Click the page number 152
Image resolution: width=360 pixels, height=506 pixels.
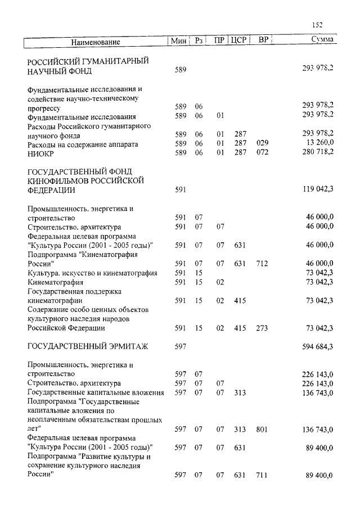pyautogui.click(x=317, y=24)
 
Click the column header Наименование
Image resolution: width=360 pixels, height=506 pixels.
pyautogui.click(x=96, y=42)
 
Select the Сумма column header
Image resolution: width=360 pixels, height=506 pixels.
pyautogui.click(x=322, y=40)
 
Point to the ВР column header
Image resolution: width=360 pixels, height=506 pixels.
pyautogui.click(x=263, y=40)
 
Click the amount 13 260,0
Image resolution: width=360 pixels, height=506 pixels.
pyautogui.click(x=319, y=144)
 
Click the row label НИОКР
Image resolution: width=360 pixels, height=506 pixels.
pyautogui.click(x=39, y=153)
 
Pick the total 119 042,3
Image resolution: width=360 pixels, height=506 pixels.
pyautogui.click(x=318, y=190)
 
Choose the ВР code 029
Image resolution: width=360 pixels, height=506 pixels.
pyautogui.click(x=262, y=144)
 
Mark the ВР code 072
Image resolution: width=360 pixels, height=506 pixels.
pyautogui.click(x=262, y=153)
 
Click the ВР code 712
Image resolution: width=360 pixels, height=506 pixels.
pyautogui.click(x=262, y=263)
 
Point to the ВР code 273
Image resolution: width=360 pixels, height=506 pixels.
pyautogui.click(x=262, y=328)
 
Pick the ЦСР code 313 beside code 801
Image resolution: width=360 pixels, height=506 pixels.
pyautogui.click(x=240, y=430)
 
